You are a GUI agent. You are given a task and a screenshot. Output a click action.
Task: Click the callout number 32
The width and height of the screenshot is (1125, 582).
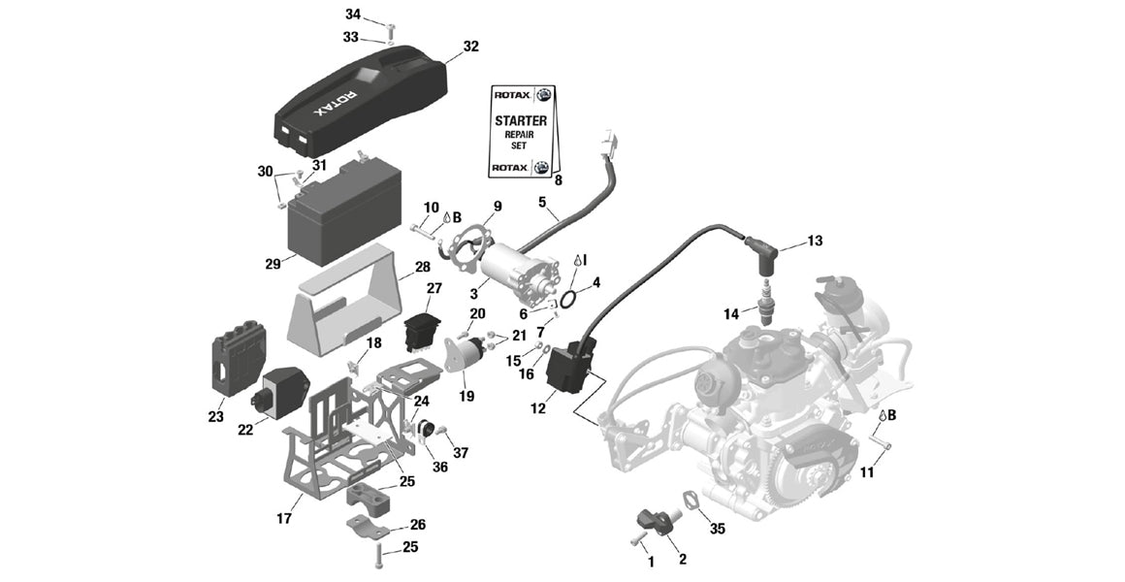pyautogui.click(x=471, y=47)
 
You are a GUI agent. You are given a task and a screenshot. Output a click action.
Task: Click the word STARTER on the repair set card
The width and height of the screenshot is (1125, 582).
pyautogui.click(x=521, y=121)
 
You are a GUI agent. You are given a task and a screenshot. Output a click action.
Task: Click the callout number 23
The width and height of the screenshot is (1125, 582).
pyautogui.click(x=215, y=417)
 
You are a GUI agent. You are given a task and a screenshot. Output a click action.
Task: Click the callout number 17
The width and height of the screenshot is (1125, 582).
pyautogui.click(x=284, y=519)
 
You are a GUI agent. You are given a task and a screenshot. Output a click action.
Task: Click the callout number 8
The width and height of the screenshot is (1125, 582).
pyautogui.click(x=558, y=180)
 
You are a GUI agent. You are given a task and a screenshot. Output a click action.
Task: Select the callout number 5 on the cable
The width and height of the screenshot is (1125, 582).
pyautogui.click(x=543, y=203)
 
